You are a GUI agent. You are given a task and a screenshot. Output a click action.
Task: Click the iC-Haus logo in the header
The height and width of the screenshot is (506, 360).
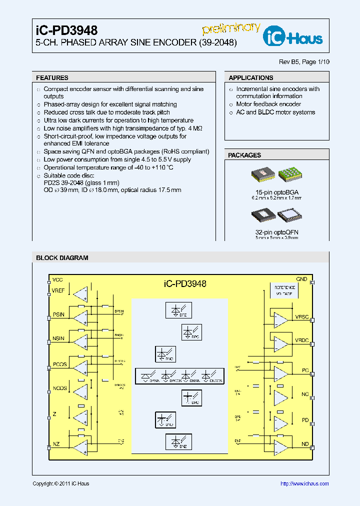[x=299, y=36]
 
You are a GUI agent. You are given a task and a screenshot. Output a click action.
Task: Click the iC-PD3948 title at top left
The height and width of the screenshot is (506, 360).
[x=66, y=31]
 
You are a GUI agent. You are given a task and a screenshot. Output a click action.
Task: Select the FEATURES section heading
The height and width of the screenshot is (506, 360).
[x=52, y=78]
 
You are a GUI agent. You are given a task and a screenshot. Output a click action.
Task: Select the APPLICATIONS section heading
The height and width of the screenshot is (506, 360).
[x=250, y=78]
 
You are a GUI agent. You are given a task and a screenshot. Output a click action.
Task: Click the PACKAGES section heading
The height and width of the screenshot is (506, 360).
[x=244, y=155]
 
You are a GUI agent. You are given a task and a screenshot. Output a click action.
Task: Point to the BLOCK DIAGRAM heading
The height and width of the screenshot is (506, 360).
[x=62, y=258]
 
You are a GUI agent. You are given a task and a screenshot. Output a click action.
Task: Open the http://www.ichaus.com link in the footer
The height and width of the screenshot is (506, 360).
[x=304, y=483]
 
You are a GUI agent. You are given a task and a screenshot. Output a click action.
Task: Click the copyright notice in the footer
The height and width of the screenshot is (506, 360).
[x=60, y=483]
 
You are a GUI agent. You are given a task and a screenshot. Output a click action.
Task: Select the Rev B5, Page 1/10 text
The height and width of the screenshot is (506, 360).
[x=304, y=62]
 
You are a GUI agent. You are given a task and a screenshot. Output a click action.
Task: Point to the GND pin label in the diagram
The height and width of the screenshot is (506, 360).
[x=301, y=279]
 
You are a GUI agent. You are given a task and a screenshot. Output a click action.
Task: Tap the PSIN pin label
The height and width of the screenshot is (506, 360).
[x=58, y=314]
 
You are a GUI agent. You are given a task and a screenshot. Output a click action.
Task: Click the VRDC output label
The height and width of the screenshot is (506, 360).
[x=302, y=340]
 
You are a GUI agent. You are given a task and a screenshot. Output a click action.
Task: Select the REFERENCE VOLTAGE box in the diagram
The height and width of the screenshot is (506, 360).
[x=282, y=291]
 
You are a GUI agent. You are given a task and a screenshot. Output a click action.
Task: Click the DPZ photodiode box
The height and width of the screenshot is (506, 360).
[x=178, y=310]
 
